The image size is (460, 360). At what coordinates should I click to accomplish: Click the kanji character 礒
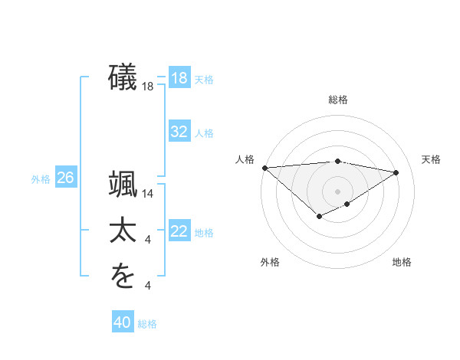click(x=123, y=78)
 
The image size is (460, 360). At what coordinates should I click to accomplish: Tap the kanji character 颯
click(x=123, y=186)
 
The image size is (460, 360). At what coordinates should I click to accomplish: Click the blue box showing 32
click(x=179, y=132)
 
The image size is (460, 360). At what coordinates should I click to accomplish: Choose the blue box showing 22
click(x=179, y=232)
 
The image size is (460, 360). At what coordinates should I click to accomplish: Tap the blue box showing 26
click(x=65, y=178)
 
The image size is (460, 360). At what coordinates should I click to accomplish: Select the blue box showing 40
click(x=123, y=322)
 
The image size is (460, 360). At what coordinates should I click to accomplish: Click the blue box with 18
click(x=179, y=78)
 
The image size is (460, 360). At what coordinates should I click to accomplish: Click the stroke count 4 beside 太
click(x=148, y=241)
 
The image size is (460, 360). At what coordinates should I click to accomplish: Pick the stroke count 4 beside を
click(x=148, y=286)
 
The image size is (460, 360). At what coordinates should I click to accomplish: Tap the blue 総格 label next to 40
click(x=147, y=324)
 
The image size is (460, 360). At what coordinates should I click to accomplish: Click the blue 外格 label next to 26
click(x=41, y=179)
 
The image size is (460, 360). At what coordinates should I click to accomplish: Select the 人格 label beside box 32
click(x=204, y=133)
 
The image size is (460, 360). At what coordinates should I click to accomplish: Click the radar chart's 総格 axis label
click(x=338, y=100)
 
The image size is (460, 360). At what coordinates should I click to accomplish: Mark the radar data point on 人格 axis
click(x=264, y=168)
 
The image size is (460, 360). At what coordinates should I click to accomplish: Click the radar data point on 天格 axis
click(x=396, y=172)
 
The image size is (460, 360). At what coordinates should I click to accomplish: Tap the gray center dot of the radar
click(x=338, y=191)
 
